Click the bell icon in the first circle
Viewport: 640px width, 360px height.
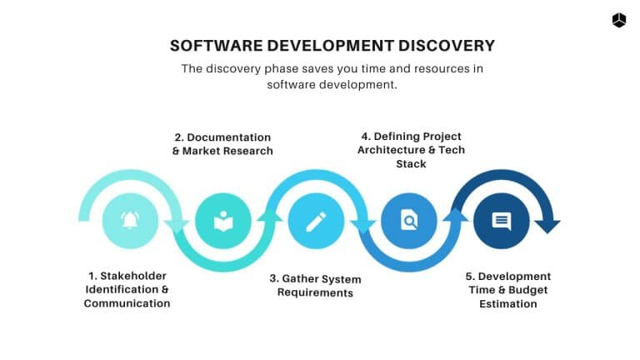(130, 221)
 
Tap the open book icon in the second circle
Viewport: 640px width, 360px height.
(223, 222)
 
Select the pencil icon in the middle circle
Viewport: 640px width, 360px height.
(316, 222)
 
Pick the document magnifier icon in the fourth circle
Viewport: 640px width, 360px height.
(408, 221)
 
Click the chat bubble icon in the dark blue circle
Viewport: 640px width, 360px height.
(501, 221)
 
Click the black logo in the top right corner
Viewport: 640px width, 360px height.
(619, 21)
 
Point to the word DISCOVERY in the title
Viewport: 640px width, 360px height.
(438, 46)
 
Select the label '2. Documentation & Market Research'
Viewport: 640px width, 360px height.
(222, 143)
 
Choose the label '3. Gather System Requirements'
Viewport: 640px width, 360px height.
(315, 285)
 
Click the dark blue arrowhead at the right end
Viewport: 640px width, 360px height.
(547, 226)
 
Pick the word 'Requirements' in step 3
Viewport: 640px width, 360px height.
(315, 292)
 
